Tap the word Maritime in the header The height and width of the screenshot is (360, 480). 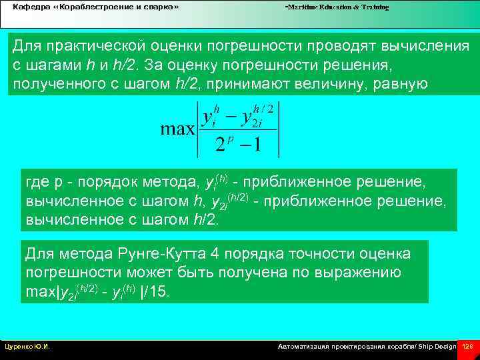pyautogui.click(x=302, y=7)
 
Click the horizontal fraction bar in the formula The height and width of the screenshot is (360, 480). pyautogui.click(x=237, y=129)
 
